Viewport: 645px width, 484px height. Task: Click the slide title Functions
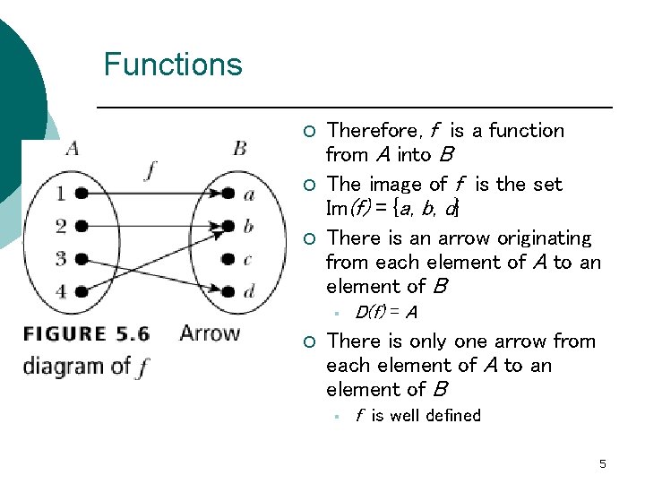(x=172, y=65)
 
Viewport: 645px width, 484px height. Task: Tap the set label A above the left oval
(x=72, y=147)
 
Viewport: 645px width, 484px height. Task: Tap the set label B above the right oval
(x=239, y=147)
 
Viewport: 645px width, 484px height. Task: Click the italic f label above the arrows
(x=150, y=170)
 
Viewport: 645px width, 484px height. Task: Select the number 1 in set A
(x=61, y=193)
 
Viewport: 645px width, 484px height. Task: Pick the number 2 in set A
(x=61, y=226)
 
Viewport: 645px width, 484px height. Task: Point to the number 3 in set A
(x=61, y=259)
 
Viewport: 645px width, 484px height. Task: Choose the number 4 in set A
(x=61, y=291)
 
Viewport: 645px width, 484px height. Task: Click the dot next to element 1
(x=82, y=193)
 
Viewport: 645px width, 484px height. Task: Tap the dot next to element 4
(x=82, y=291)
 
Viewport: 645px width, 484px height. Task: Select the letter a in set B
(x=248, y=194)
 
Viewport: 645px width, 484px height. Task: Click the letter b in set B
(x=248, y=226)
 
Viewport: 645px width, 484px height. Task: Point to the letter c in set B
(x=248, y=259)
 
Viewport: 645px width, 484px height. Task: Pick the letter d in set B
(x=248, y=291)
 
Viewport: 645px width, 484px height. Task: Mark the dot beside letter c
(x=228, y=259)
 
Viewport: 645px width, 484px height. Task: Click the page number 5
(x=602, y=463)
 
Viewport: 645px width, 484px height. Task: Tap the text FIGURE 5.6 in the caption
(x=86, y=334)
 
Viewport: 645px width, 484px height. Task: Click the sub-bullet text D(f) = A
(x=385, y=313)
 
